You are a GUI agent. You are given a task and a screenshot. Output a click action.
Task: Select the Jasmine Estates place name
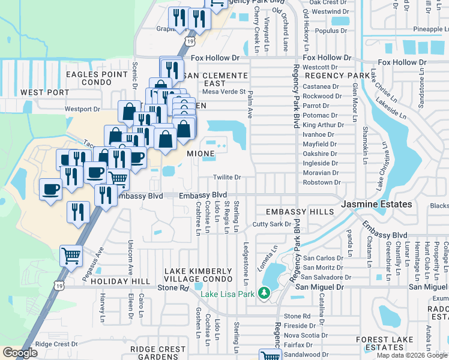pos(376,205)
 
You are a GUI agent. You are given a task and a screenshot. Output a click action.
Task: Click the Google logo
pos(20,353)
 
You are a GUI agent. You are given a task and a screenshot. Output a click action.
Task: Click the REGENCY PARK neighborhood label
pos(338,76)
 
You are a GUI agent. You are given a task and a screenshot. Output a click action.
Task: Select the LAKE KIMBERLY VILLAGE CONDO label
pos(198,275)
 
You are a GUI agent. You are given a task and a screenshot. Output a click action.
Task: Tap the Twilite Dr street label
pos(228,178)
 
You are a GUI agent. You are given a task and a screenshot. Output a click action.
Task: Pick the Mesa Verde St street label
pos(224,92)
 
